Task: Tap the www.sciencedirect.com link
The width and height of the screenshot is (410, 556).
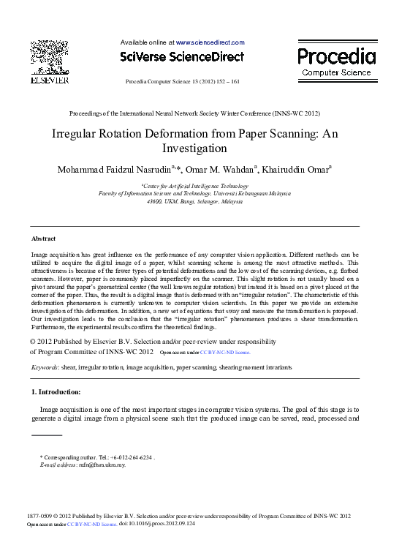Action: click(210, 42)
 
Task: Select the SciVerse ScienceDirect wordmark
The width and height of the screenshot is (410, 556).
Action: click(181, 56)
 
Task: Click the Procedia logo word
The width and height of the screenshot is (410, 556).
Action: click(337, 56)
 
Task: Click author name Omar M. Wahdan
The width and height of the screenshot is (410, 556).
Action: click(221, 170)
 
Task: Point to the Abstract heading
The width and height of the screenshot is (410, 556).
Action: click(43, 239)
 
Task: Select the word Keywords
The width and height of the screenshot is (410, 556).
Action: click(45, 367)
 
